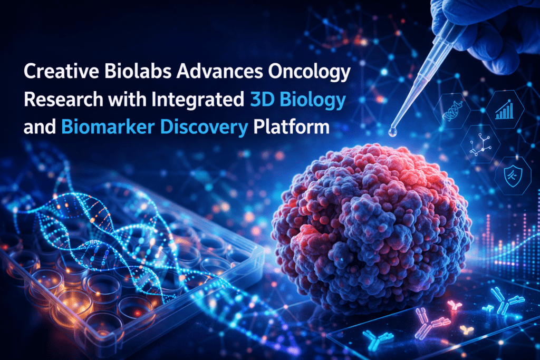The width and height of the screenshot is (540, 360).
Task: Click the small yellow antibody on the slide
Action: [x=467, y=330]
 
